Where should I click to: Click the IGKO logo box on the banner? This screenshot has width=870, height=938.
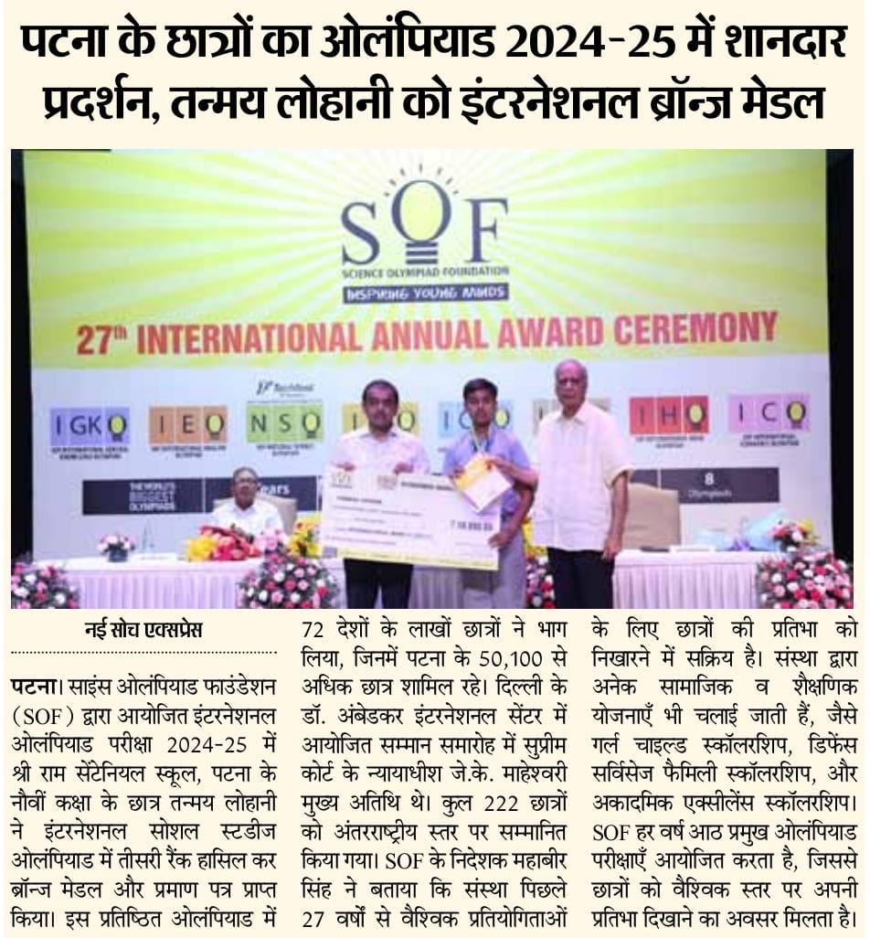(90, 425)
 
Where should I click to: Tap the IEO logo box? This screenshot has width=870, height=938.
(188, 424)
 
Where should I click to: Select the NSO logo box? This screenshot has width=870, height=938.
(284, 421)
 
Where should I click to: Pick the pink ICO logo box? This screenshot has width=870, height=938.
(769, 413)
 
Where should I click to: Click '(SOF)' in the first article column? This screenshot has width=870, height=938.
(43, 710)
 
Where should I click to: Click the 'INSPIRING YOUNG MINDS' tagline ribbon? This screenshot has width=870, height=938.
(426, 293)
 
